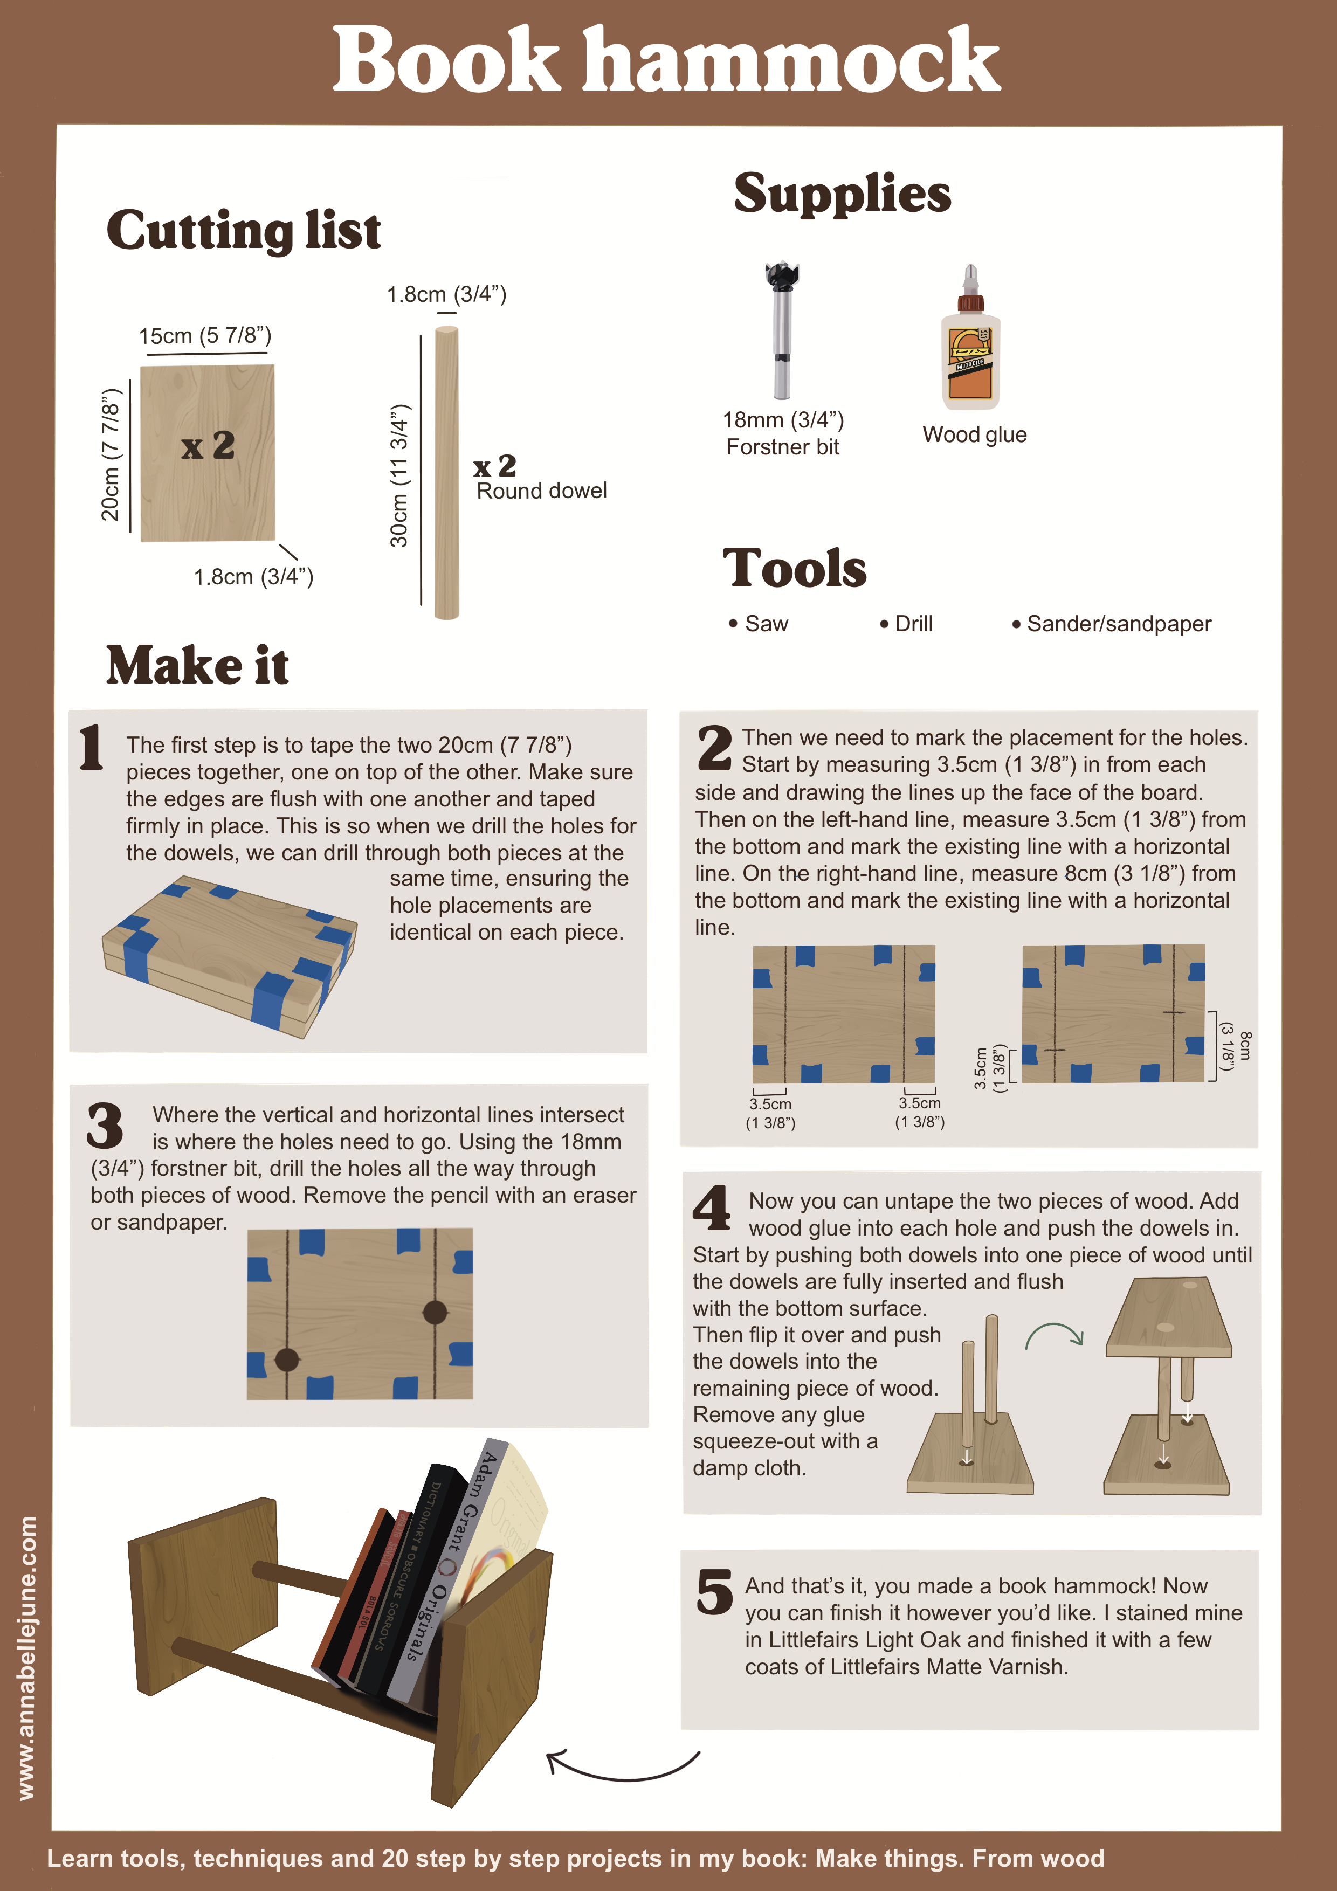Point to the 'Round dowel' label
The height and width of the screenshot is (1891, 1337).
[541, 491]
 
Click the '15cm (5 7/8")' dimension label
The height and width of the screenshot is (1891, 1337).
[205, 336]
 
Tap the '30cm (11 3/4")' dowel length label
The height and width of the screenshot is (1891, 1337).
[399, 475]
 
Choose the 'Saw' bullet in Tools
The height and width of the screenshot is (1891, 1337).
[759, 624]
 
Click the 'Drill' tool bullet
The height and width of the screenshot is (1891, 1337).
[906, 624]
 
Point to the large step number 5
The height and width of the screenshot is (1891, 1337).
[714, 1591]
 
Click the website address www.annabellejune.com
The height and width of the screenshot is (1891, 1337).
[26, 1658]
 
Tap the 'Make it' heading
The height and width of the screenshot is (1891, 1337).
[198, 666]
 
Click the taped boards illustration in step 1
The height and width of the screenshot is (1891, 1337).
[229, 955]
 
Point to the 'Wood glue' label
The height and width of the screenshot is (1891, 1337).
[975, 435]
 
